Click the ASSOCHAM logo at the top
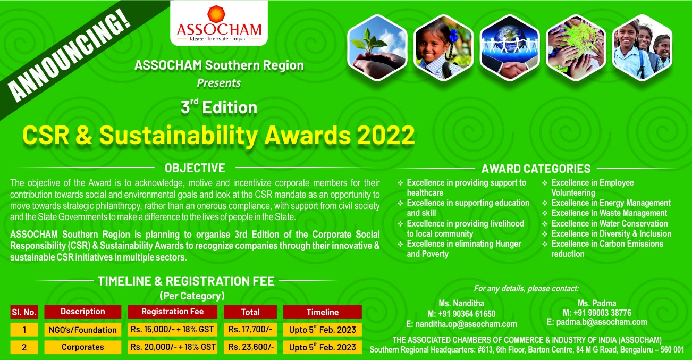coord(219,23)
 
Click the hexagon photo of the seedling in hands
coord(377,47)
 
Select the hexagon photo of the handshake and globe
coord(510,47)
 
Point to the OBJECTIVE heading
coord(195,168)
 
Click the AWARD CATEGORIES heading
coord(536,169)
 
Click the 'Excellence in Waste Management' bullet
coord(609,213)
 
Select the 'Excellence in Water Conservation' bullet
coord(609,223)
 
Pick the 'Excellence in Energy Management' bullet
coord(611,203)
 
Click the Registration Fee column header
coord(172,312)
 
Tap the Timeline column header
coord(323,312)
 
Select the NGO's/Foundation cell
coord(83,330)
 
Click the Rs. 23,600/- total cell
coord(250,347)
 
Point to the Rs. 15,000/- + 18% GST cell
coord(172,329)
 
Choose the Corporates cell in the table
coord(83,347)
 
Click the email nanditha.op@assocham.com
coord(461,324)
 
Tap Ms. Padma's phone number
coord(597,313)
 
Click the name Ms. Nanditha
coord(461,303)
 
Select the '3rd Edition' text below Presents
coord(219,107)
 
